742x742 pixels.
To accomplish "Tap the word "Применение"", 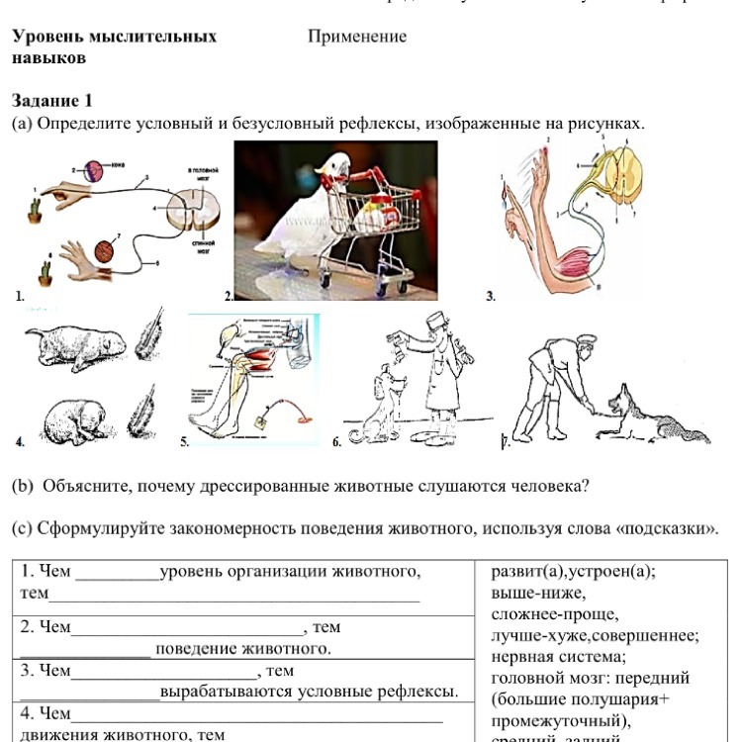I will pyautogui.click(x=357, y=37).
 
